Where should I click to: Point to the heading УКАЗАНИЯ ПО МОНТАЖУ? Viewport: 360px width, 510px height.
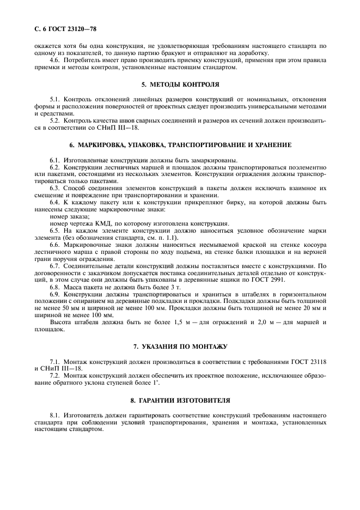point(184,347)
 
